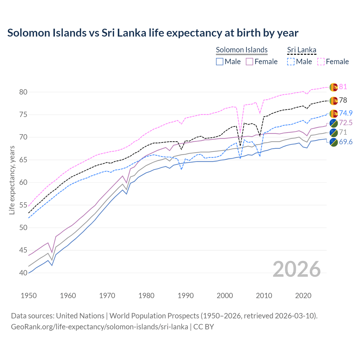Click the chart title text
point(153,33)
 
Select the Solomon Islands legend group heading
point(242,50)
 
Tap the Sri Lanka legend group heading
point(301,50)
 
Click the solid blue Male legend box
point(220,62)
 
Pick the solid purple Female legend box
point(249,62)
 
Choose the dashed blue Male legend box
point(291,62)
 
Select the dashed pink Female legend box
point(321,62)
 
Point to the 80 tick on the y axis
point(23,92)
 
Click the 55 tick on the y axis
point(23,205)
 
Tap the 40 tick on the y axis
point(23,273)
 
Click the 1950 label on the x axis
point(29,296)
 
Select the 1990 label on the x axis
point(186,296)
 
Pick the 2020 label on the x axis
point(303,296)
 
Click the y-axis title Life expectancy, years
point(12,180)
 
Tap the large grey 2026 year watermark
point(297,269)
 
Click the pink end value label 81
point(343,87)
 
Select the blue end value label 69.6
point(346,142)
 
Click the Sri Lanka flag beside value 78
point(334,100)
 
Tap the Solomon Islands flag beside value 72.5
point(334,123)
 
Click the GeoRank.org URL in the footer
point(100,327)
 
